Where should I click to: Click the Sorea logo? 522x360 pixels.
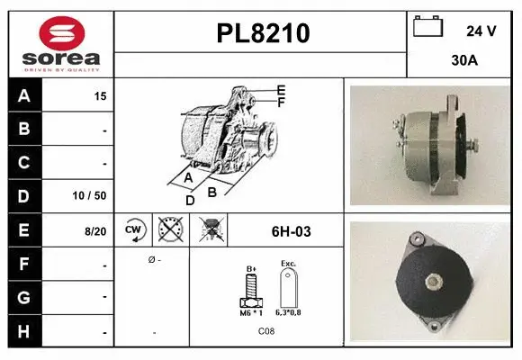[x=61, y=41]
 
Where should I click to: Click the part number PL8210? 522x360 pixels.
[x=263, y=34]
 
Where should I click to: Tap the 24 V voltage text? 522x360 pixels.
[x=481, y=31]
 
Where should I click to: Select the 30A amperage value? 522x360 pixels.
[x=463, y=61]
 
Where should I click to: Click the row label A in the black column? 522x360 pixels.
[x=23, y=95]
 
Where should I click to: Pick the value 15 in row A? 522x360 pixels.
[x=100, y=96]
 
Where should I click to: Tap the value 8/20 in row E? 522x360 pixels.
[x=94, y=231]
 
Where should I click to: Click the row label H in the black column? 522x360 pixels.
[x=23, y=331]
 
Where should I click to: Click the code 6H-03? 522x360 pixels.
[x=291, y=231]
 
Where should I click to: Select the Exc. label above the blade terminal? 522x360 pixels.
[x=288, y=264]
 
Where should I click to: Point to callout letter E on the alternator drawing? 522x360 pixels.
[x=282, y=89]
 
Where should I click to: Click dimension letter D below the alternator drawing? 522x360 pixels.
[x=190, y=201]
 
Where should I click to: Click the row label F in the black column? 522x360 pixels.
[x=23, y=265]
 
